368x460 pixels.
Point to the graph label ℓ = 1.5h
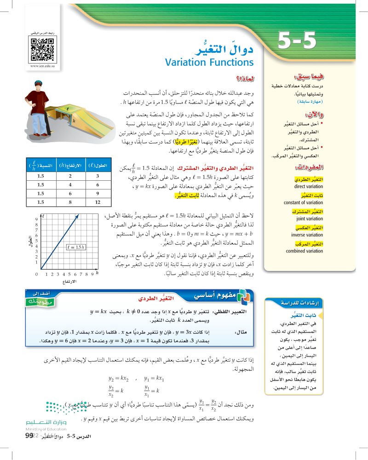pos(75,247)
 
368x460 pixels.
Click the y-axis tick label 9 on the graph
pos(36,219)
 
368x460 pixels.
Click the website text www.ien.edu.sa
pos(42,66)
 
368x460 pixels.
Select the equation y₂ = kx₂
pos(118,379)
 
